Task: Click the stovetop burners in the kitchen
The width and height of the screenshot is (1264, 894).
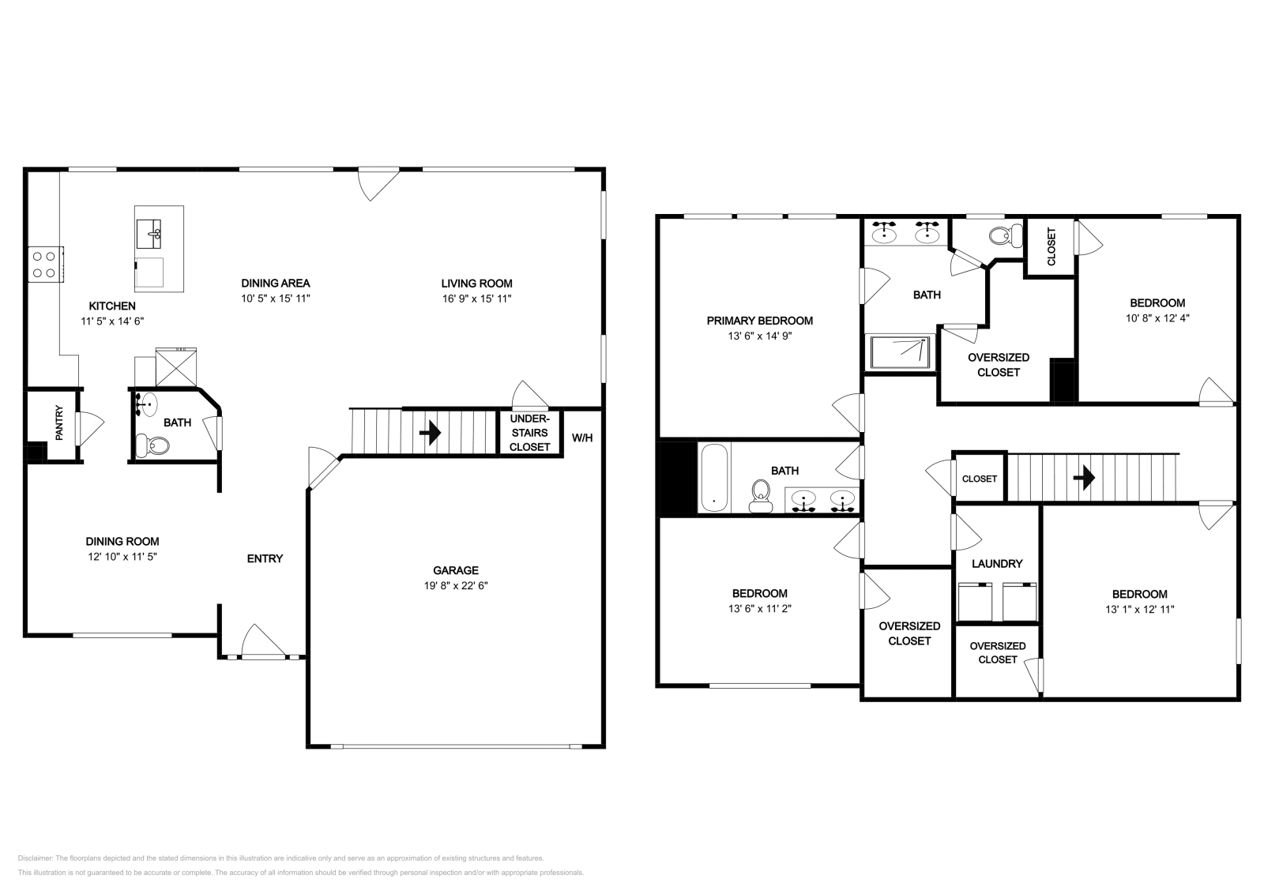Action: (x=46, y=264)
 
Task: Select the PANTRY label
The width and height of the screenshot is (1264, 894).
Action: (x=58, y=423)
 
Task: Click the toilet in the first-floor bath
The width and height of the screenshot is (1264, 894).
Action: (x=152, y=446)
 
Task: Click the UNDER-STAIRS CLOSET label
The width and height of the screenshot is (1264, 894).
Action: (x=529, y=433)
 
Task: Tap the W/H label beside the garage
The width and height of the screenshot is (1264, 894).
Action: (x=582, y=438)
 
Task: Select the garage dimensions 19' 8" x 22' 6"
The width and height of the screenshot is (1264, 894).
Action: (x=456, y=586)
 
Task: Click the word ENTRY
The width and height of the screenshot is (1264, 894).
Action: (x=265, y=558)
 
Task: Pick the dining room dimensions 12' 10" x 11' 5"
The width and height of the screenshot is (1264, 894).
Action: (x=122, y=557)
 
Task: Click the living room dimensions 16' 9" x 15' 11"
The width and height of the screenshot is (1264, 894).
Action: (x=476, y=299)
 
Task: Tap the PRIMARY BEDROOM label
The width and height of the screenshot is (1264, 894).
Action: (x=759, y=321)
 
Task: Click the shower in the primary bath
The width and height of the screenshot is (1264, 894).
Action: (x=902, y=352)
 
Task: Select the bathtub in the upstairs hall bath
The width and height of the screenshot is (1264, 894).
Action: (x=713, y=477)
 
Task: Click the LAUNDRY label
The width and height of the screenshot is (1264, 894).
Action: (x=997, y=564)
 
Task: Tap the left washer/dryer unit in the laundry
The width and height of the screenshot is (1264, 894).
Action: (x=975, y=602)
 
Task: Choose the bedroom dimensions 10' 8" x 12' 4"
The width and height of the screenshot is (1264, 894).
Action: (x=1157, y=318)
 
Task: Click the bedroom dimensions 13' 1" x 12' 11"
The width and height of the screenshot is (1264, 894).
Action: (x=1139, y=610)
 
